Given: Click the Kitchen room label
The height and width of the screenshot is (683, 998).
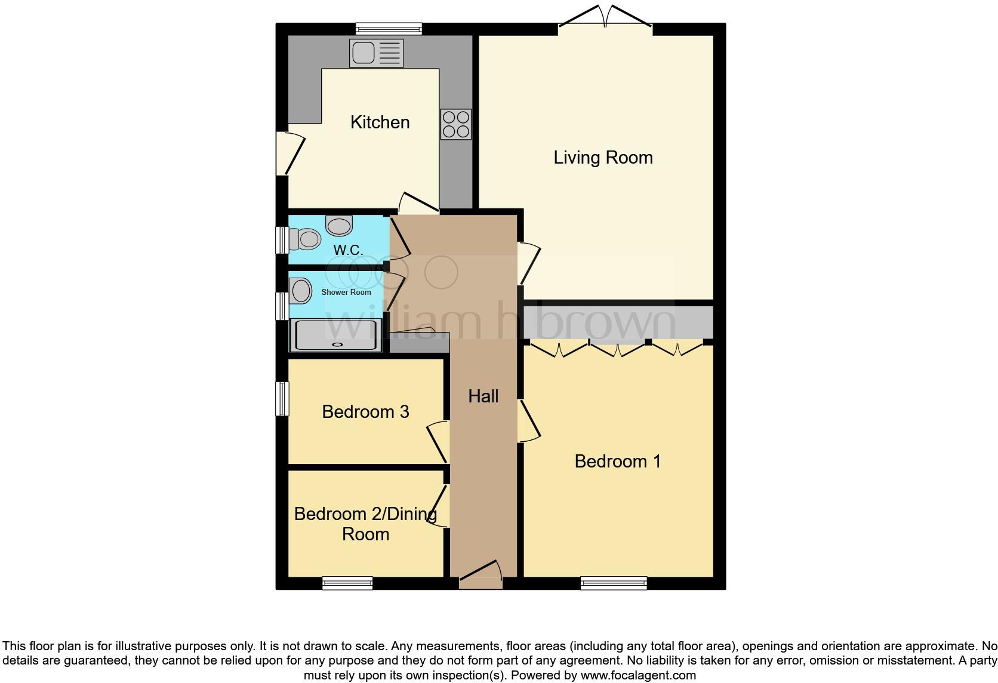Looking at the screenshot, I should tap(380, 122).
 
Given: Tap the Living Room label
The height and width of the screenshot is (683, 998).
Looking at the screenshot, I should tap(603, 158).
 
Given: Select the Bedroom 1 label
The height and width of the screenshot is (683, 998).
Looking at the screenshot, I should tap(617, 462).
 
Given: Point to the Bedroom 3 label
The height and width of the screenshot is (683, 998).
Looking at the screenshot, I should tap(365, 412).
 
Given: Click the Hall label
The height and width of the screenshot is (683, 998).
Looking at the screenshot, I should tap(483, 396).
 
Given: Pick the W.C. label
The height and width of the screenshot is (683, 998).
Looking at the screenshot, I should tap(348, 250).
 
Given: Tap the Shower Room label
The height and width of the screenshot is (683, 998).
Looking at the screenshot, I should tap(346, 293).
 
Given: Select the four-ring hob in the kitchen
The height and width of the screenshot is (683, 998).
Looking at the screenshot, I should tap(455, 124).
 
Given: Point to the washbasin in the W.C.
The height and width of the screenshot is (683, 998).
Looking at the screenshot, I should tap(339, 226).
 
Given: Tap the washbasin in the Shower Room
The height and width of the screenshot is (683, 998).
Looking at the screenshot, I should tap(301, 291).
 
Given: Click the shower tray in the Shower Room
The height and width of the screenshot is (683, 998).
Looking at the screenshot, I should tap(336, 335).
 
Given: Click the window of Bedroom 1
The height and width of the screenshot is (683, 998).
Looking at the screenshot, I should tap(614, 583).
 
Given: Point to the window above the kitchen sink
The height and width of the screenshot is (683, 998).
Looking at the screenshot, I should tap(389, 29).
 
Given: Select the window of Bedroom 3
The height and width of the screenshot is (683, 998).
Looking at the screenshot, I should tap(282, 398).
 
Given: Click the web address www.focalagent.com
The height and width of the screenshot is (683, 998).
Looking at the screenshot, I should tap(637, 676).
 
